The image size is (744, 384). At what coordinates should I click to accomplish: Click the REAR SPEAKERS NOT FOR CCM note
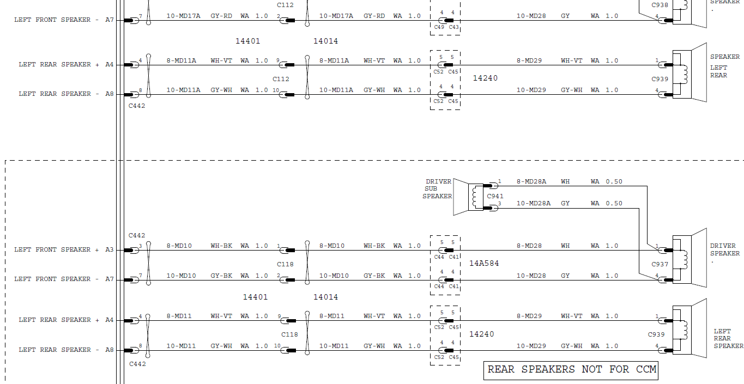click(x=571, y=370)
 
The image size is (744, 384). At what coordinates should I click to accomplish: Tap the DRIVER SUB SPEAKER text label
click(x=437, y=189)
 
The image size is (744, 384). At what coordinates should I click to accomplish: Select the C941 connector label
click(x=495, y=196)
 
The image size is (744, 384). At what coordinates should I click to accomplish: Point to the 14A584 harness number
click(x=484, y=264)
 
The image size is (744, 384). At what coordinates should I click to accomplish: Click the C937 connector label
click(x=660, y=265)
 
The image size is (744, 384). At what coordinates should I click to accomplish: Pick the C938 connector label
click(x=660, y=5)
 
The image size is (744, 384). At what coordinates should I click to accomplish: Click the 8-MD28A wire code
click(x=531, y=182)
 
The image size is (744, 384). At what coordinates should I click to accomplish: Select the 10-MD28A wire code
click(x=533, y=204)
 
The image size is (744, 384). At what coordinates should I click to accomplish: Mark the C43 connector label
click(x=453, y=28)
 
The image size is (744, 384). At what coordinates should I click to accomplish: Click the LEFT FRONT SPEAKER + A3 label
click(x=64, y=250)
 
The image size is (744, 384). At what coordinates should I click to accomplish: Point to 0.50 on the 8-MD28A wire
click(x=614, y=182)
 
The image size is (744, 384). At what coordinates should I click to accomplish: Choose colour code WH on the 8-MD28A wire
click(x=565, y=182)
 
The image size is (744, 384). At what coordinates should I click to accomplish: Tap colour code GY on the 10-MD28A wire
click(x=565, y=204)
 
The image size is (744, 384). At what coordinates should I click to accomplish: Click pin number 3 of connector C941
click(x=499, y=204)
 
